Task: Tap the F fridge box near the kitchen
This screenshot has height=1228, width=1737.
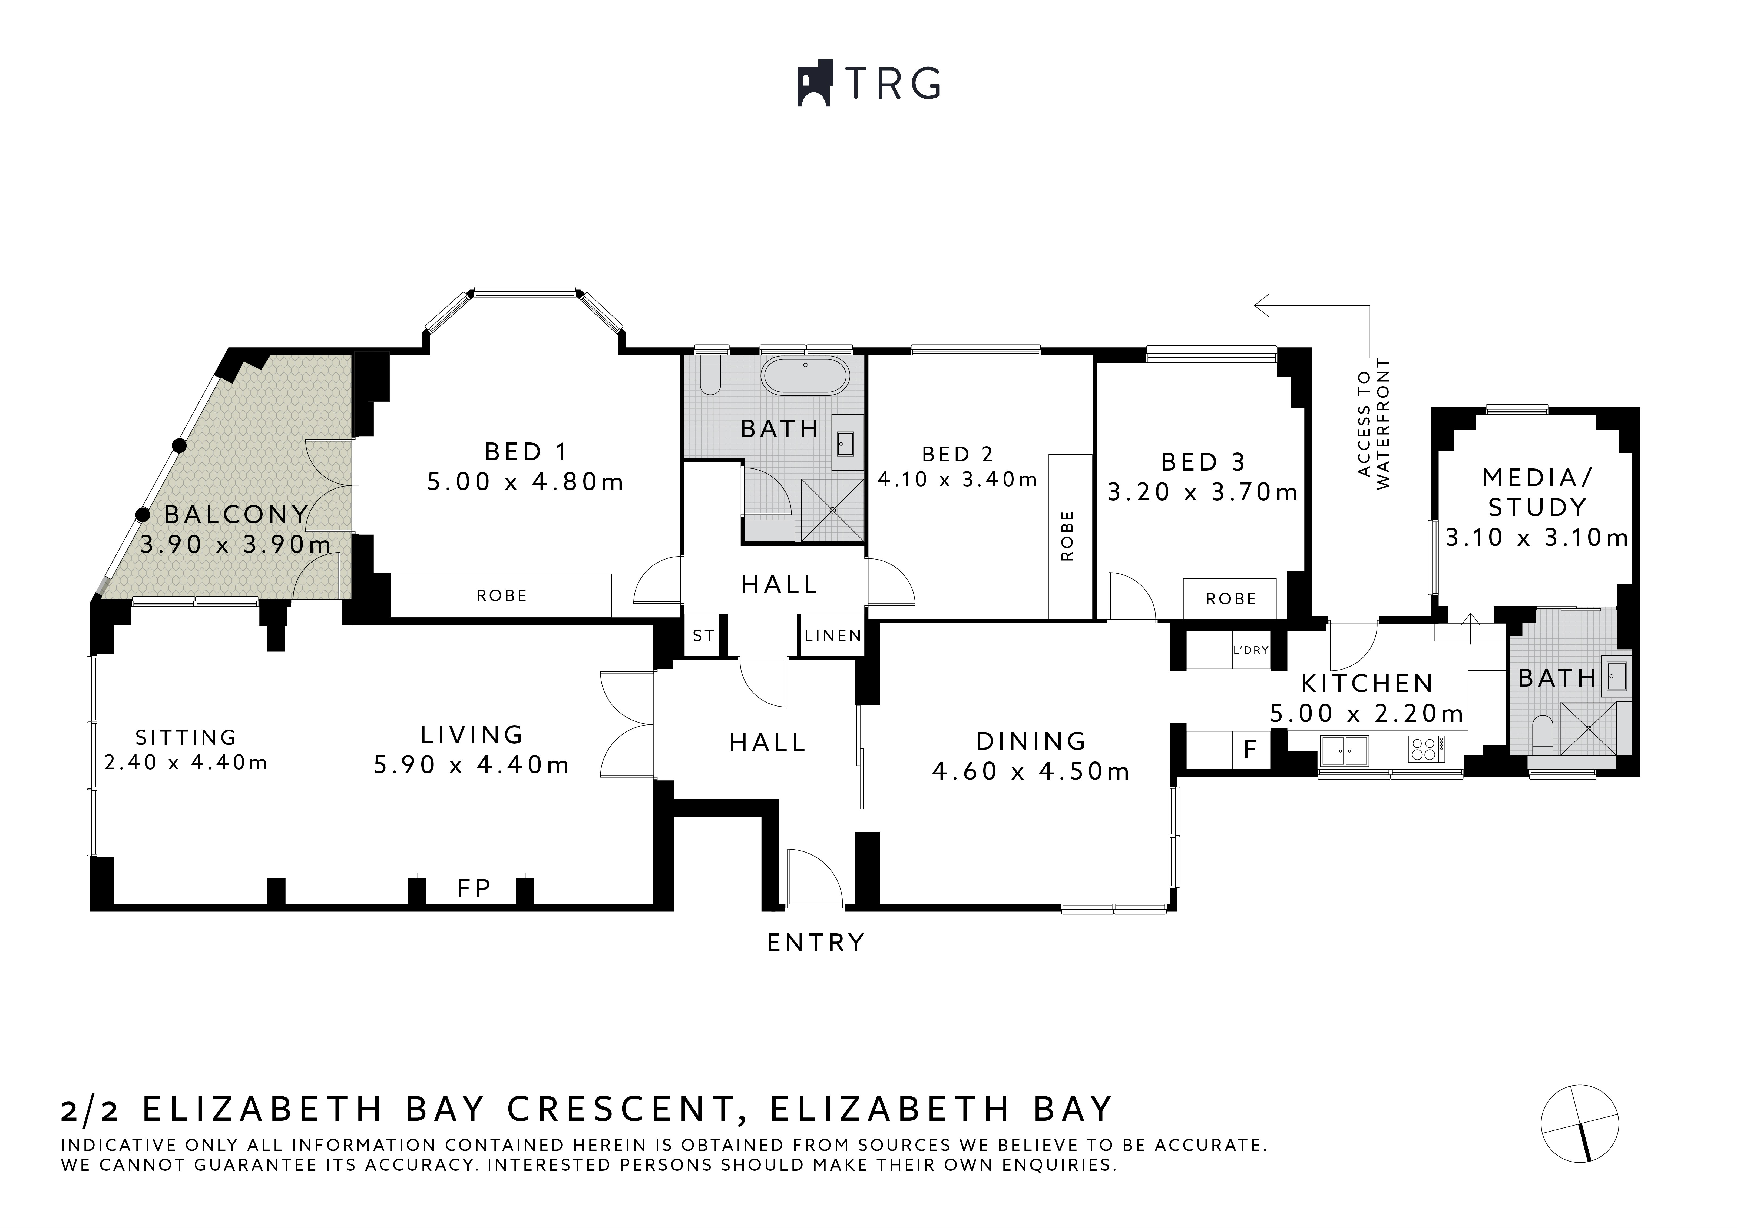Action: [1250, 749]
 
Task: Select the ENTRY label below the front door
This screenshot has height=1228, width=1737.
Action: [816, 943]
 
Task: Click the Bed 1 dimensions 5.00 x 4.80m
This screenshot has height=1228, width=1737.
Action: [525, 482]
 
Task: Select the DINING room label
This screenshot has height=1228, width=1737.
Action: [1031, 741]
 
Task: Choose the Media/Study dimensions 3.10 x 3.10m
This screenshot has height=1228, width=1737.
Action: [1537, 538]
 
